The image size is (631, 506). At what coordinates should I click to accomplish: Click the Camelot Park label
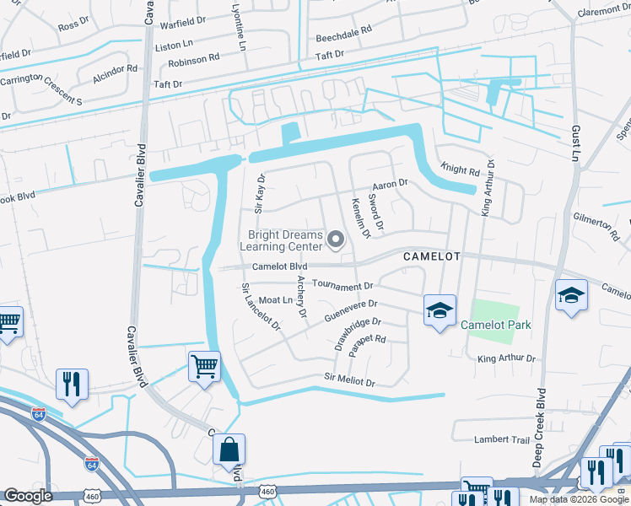point(495,324)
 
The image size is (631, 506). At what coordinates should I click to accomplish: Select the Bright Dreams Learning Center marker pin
point(336,240)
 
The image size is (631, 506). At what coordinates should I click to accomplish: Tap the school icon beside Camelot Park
point(440,311)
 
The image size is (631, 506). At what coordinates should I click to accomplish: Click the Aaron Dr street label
point(390,183)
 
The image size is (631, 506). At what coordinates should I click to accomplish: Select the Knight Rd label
point(461,171)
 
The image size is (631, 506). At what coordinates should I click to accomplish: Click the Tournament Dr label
point(342,286)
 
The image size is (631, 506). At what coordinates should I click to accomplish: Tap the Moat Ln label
point(275,300)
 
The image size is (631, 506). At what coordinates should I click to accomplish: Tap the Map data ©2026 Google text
point(578,499)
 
